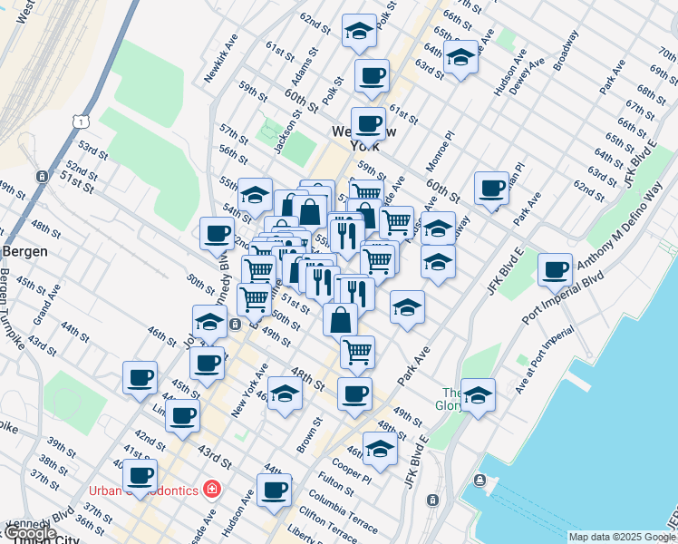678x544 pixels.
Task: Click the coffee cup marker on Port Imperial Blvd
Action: (x=555, y=269)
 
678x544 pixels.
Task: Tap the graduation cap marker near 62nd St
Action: (x=359, y=30)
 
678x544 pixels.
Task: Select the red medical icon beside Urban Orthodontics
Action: (x=212, y=490)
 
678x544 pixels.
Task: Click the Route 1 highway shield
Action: (x=82, y=121)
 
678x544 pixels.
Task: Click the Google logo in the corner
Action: (x=30, y=533)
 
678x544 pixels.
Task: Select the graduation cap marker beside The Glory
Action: (x=478, y=395)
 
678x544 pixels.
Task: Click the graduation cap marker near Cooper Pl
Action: (x=380, y=449)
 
